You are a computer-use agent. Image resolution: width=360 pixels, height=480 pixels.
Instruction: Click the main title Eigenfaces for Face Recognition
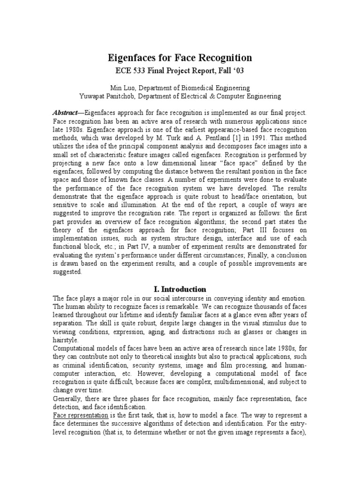click(x=180, y=58)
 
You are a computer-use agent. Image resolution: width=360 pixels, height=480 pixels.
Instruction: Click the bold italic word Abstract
click(x=67, y=113)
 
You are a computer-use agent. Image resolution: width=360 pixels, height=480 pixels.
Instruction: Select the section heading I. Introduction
click(x=180, y=289)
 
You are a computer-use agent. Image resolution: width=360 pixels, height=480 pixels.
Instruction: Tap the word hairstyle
click(x=67, y=340)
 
